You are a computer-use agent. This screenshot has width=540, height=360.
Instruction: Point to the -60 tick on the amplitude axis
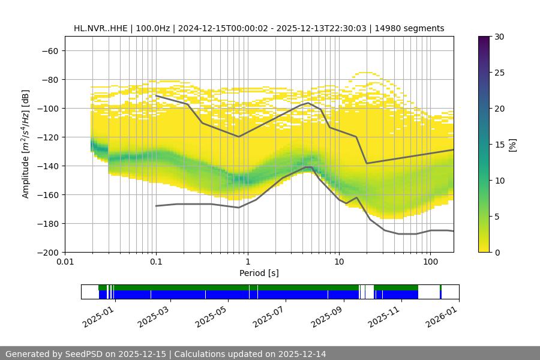[49, 50]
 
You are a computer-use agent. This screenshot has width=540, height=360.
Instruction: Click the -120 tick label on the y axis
[47, 137]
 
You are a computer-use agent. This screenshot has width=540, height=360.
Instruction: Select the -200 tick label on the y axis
[47, 252]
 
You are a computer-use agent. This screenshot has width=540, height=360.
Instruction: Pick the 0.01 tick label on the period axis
[65, 262]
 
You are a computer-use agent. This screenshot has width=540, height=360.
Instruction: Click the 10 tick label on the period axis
[339, 262]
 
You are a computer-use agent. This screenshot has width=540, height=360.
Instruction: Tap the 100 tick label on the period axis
[430, 262]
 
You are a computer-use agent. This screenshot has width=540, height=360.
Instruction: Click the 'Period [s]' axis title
[259, 273]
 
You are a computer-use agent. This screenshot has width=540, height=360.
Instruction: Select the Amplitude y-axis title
[26, 144]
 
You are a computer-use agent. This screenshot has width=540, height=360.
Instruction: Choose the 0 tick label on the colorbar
[497, 252]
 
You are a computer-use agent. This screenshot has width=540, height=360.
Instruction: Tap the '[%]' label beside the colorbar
[512, 145]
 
